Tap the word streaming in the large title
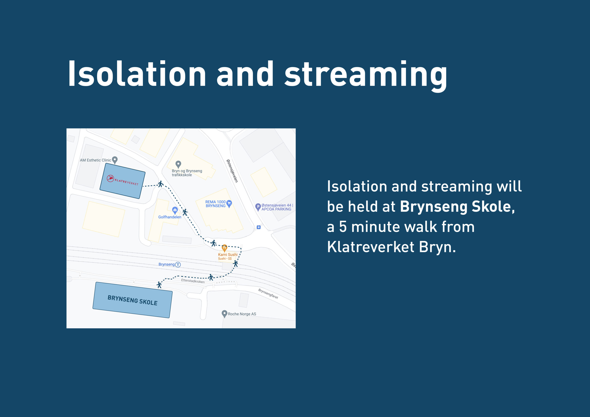pyautogui.click(x=366, y=76)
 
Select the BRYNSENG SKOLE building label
pyautogui.click(x=132, y=300)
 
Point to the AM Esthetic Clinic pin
pyautogui.click(x=115, y=160)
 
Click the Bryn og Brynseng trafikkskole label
pyautogui.click(x=187, y=173)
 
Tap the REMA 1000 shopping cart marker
pyautogui.click(x=229, y=204)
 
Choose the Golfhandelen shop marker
pyautogui.click(x=175, y=210)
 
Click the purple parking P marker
pyautogui.click(x=258, y=207)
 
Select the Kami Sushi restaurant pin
pyautogui.click(x=224, y=248)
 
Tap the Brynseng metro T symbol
pyautogui.click(x=178, y=265)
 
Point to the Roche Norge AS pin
pyautogui.click(x=224, y=314)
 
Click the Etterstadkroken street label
pyautogui.click(x=193, y=281)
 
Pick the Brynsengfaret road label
pyautogui.click(x=268, y=294)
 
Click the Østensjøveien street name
pyautogui.click(x=232, y=171)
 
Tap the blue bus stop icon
pyautogui.click(x=259, y=227)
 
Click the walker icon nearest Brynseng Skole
pyautogui.click(x=159, y=285)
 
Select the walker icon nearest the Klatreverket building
pyautogui.click(x=161, y=184)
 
